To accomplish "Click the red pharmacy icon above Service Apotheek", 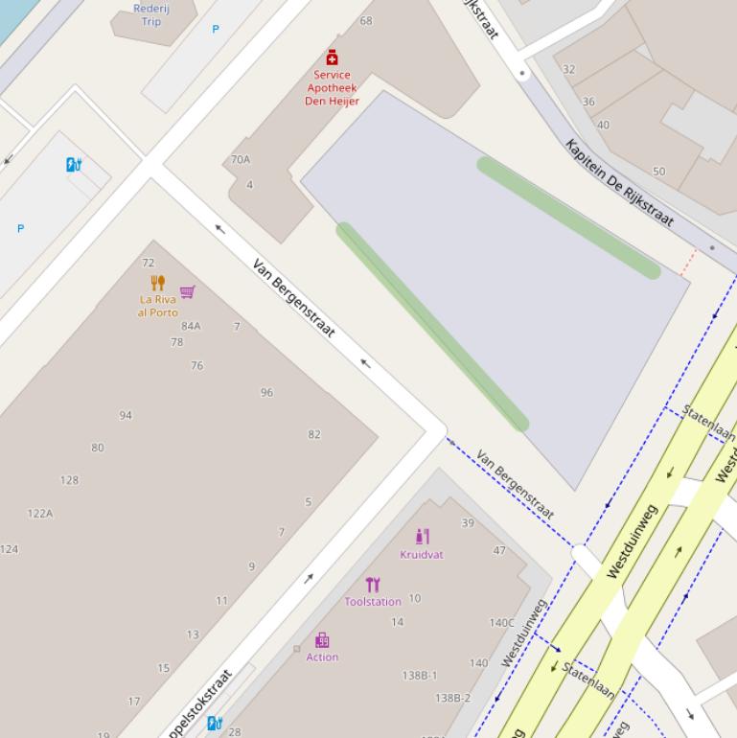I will [332, 58].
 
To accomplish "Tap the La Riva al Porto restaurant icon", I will [158, 283].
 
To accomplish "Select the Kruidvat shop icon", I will [422, 537].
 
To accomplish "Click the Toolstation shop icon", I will [373, 585].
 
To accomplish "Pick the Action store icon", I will [322, 640].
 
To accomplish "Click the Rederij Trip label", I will [151, 14].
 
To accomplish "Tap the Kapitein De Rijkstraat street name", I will [619, 183].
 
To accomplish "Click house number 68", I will [366, 20].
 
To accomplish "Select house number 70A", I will [241, 160].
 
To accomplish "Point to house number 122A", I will [40, 514].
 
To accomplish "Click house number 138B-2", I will [453, 698].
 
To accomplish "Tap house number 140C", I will [502, 623].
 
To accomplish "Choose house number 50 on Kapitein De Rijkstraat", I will [658, 172].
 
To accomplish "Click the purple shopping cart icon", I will [188, 292].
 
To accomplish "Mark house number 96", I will [266, 393].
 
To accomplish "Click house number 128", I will [69, 480].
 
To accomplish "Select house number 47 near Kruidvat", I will [499, 550].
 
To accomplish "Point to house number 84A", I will [191, 326].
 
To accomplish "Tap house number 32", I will [569, 69].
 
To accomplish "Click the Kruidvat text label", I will [422, 554].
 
